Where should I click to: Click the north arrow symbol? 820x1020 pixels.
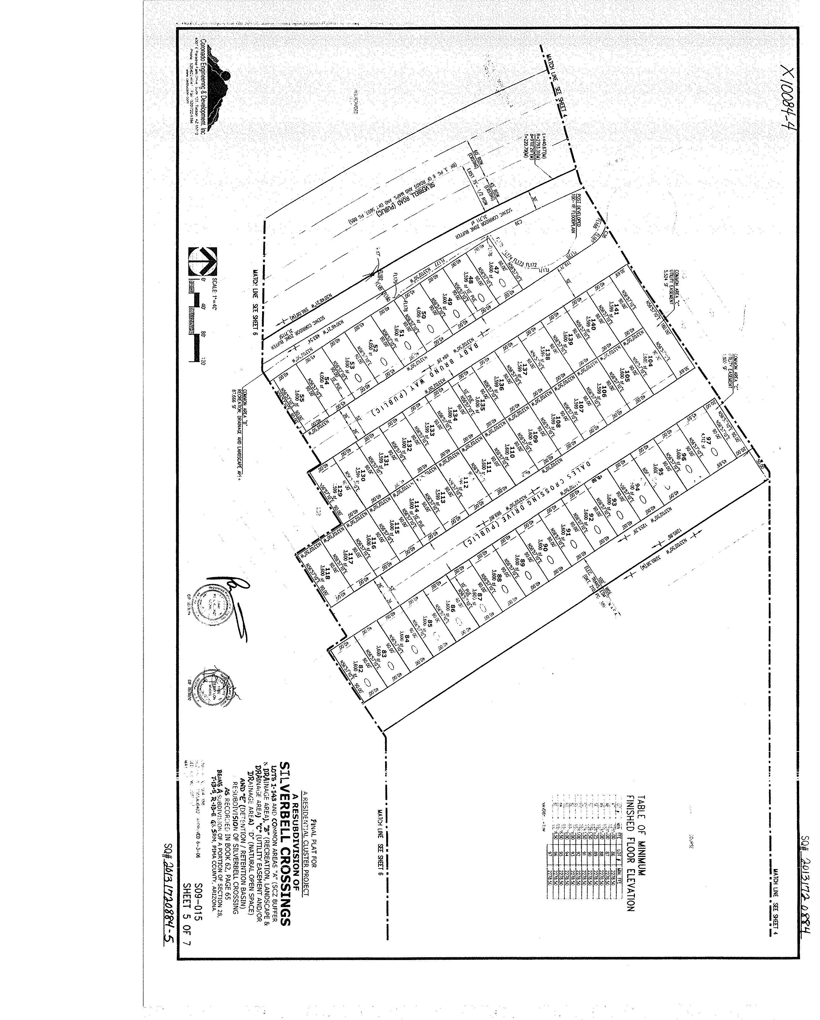pos(202,262)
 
